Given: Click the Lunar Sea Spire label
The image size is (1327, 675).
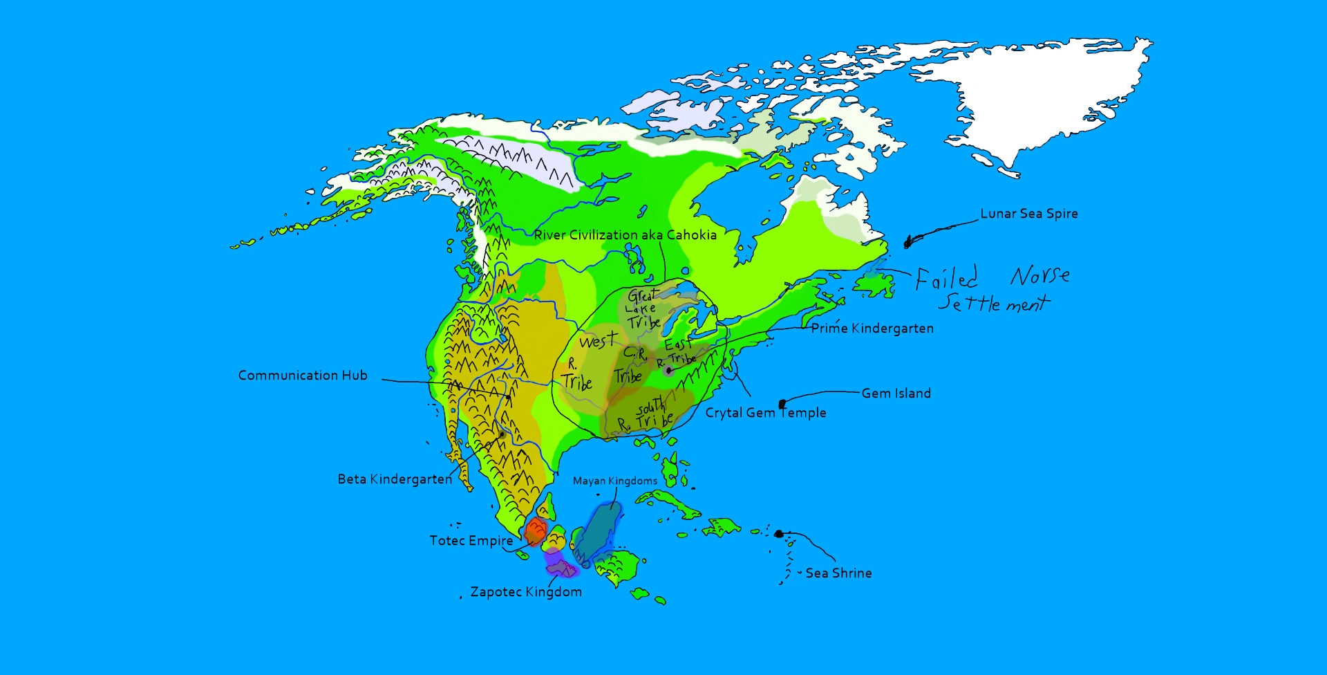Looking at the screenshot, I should [x=1028, y=214].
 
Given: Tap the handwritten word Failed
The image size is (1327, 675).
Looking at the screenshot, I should [x=946, y=278].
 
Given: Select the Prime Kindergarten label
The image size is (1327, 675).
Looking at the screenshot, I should [x=872, y=329].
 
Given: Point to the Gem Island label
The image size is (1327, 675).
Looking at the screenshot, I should [x=896, y=394].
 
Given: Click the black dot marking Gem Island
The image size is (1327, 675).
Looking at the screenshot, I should [x=782, y=404].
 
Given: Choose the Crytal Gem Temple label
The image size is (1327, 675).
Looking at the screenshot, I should [x=765, y=413].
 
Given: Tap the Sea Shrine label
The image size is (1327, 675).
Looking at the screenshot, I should [x=838, y=573].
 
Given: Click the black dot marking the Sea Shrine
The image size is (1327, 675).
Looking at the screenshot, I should [x=779, y=534].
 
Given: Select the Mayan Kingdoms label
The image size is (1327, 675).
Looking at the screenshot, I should [x=614, y=481].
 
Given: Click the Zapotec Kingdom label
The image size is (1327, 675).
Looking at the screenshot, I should [x=525, y=592].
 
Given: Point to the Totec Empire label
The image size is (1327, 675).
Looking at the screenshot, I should [x=471, y=541].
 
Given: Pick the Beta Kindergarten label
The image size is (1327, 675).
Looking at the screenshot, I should [x=395, y=479].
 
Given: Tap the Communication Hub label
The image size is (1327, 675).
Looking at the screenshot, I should [x=303, y=376].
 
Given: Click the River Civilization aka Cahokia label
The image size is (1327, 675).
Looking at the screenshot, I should [x=625, y=235].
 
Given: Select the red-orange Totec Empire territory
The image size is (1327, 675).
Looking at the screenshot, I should [x=536, y=531].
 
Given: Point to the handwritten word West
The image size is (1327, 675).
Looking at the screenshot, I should [x=598, y=341].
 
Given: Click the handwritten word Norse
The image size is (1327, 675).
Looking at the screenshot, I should [x=1039, y=275].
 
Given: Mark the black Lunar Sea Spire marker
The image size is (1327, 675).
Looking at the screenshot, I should [x=908, y=242].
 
